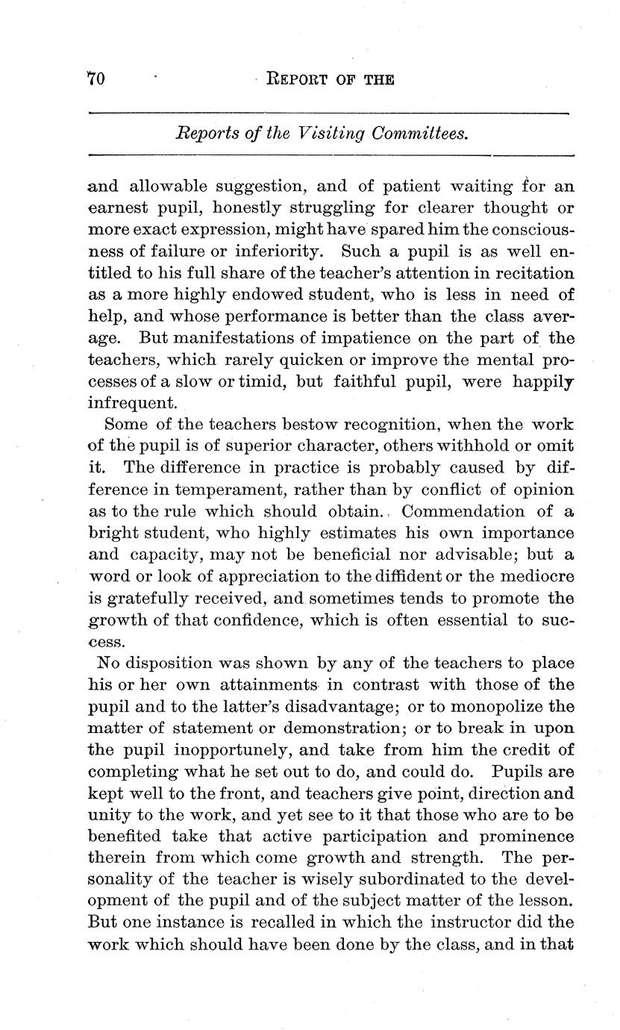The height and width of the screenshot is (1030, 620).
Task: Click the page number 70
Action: (x=95, y=78)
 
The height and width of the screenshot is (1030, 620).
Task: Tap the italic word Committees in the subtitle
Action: (x=422, y=134)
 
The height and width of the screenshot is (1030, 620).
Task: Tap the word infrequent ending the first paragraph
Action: (x=133, y=403)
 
